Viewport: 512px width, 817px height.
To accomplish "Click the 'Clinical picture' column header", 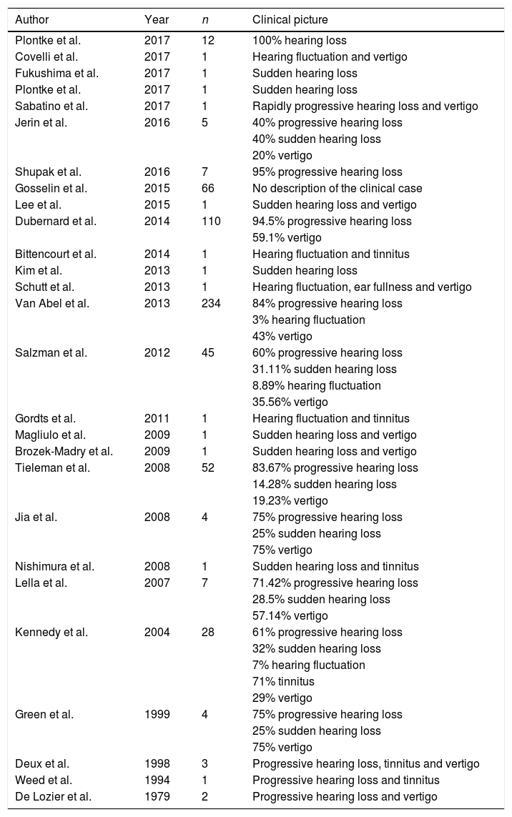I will pyautogui.click(x=290, y=19).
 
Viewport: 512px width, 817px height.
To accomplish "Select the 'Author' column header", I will pyautogui.click(x=31, y=19).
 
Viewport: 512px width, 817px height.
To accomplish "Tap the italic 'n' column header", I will pyautogui.click(x=205, y=19).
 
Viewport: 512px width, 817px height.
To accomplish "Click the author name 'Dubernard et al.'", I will pyautogui.click(x=55, y=221).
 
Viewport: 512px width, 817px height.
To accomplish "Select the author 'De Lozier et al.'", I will pyautogui.click(x=54, y=796).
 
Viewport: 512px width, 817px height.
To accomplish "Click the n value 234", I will pyautogui.click(x=212, y=303).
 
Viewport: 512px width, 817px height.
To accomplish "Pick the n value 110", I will pyautogui.click(x=211, y=221).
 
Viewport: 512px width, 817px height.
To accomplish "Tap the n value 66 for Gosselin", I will pyautogui.click(x=208, y=188).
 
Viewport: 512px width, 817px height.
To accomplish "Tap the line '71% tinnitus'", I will pyautogui.click(x=283, y=681).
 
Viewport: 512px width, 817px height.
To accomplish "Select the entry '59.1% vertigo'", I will pyautogui.click(x=287, y=237).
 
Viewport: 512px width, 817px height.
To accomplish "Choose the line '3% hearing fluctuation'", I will pyautogui.click(x=309, y=320).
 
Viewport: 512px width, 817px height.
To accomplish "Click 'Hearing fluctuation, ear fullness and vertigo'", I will pyautogui.click(x=362, y=287).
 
